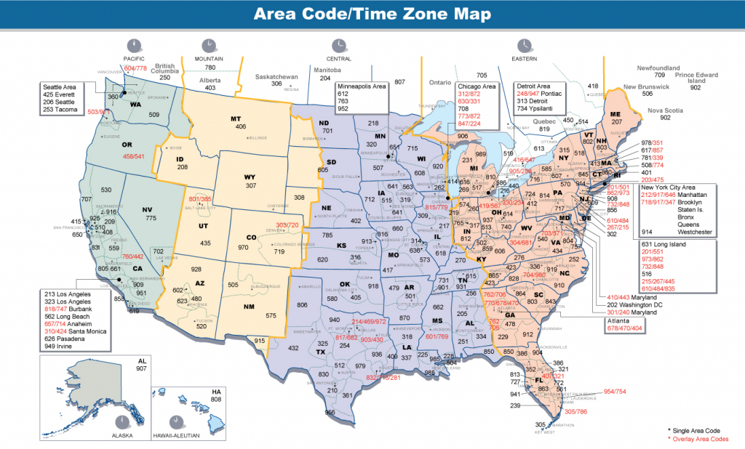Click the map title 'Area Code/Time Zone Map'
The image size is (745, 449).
click(x=372, y=15)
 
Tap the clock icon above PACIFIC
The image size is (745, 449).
click(x=134, y=44)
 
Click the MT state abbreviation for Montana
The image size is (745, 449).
click(x=236, y=118)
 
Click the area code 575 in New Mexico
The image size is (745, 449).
click(x=271, y=315)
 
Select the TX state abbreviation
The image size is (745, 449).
click(x=320, y=352)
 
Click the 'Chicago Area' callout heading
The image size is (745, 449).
click(x=477, y=86)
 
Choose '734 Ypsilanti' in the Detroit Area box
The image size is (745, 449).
click(x=539, y=108)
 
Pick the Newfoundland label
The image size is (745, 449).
click(x=658, y=68)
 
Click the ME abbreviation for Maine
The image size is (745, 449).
click(x=615, y=114)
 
